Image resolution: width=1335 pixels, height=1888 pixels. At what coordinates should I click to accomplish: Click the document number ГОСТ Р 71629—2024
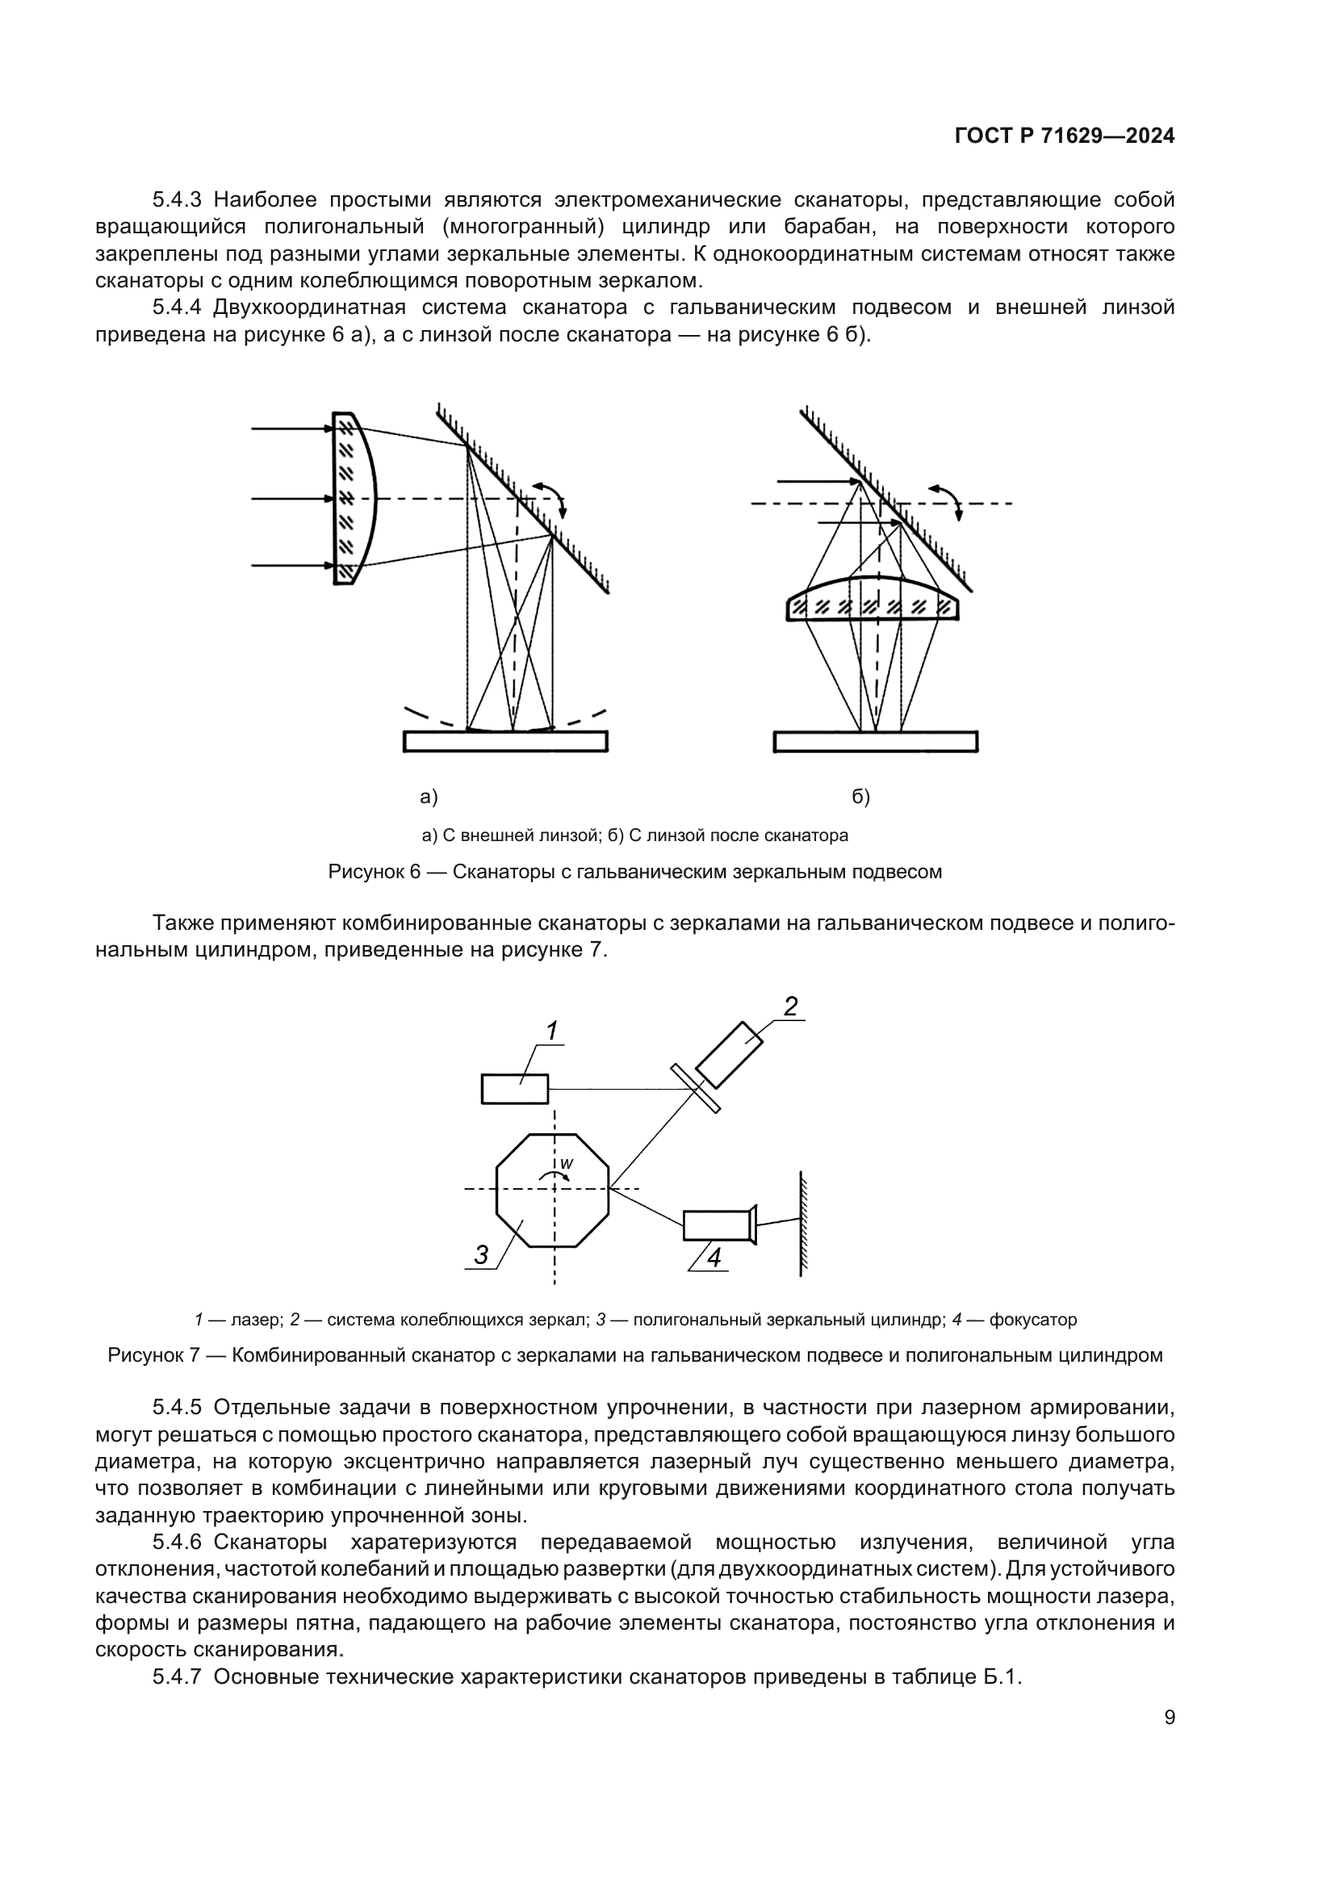point(1064,136)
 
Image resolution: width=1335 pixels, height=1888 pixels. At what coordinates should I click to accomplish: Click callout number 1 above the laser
point(551,1030)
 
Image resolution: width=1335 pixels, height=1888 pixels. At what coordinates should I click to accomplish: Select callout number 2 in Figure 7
point(790,1007)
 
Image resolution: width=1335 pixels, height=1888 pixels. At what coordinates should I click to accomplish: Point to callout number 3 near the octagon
point(481,1256)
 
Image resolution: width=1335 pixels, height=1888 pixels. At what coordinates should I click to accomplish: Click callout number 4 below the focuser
point(714,1258)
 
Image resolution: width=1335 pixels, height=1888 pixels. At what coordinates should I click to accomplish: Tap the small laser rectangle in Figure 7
point(515,1089)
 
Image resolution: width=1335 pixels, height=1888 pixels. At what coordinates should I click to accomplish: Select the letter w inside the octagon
point(567,1165)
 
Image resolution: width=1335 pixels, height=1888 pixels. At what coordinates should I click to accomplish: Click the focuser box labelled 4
point(717,1225)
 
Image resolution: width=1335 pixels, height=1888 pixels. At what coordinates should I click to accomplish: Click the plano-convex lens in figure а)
point(354,498)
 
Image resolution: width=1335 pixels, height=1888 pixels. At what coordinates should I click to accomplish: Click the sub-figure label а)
point(429,796)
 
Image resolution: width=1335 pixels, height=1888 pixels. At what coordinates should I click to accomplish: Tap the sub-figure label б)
point(860,796)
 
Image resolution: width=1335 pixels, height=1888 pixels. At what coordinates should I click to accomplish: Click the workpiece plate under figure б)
point(876,741)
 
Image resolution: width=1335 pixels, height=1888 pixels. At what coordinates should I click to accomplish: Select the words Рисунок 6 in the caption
point(374,872)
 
